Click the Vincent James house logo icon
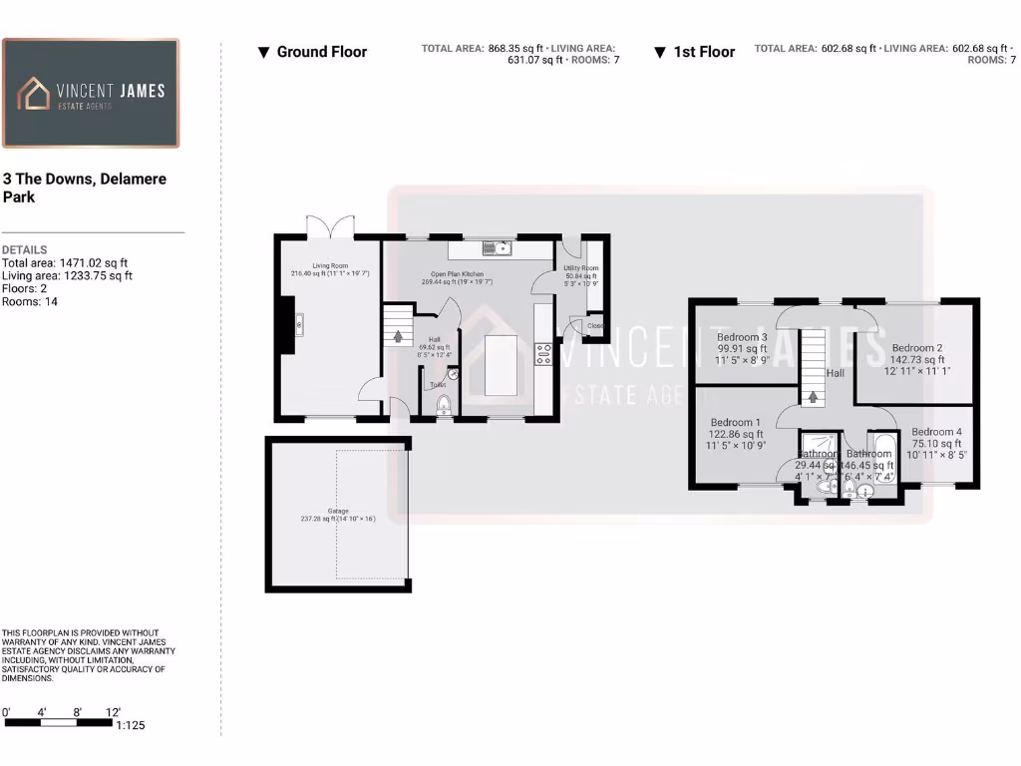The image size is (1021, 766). point(35,94)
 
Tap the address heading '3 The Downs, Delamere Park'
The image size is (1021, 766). point(84,188)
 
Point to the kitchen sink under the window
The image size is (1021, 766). point(495,248)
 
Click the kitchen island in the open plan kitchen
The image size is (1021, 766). point(502,365)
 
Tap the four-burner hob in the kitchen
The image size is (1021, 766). point(544,353)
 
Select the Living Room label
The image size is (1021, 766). point(329,266)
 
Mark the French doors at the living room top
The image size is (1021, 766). point(329,227)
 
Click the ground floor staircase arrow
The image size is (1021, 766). point(398,336)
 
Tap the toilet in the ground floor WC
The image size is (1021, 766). point(444,404)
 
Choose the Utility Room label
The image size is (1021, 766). point(580,268)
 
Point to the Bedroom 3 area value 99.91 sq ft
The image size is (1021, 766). point(742,350)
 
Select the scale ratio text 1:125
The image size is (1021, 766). point(131,725)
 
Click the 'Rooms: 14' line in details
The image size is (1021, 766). point(30,301)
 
